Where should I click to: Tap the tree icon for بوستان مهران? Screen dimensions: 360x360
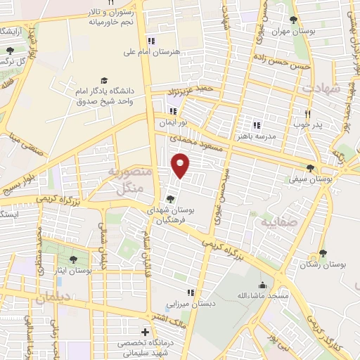293,20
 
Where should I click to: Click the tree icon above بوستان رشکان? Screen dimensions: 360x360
323,253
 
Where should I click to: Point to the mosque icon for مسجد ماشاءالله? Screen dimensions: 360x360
263,285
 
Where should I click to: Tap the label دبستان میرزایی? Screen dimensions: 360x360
188,304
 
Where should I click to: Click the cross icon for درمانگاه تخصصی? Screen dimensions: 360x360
145,331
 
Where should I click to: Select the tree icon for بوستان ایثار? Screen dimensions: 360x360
73,260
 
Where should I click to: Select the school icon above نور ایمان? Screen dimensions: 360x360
173,110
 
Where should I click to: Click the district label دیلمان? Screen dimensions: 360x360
52,297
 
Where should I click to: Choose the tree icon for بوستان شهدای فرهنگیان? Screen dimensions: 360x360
172,199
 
